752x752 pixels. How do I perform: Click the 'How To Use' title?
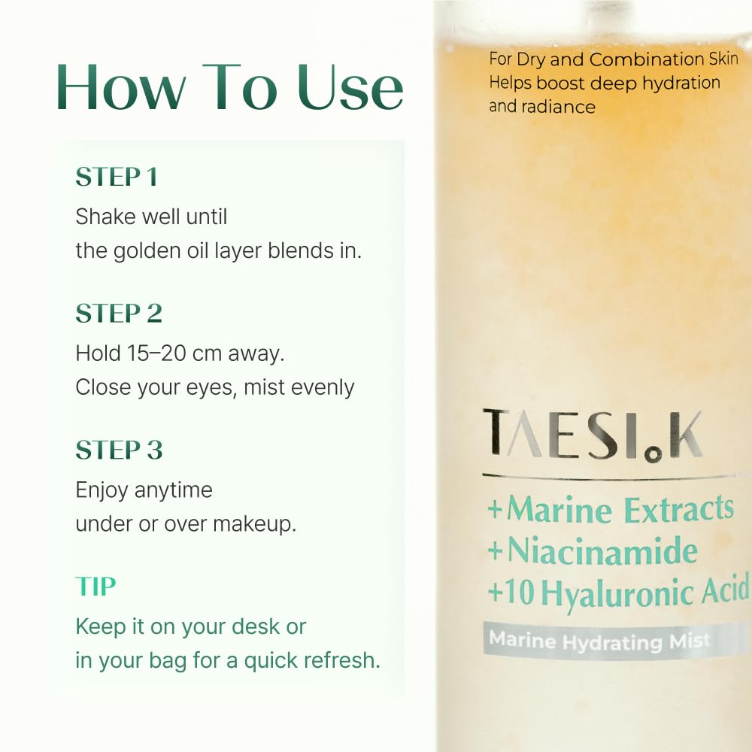click(x=229, y=87)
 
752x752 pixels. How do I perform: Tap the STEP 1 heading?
click(x=117, y=177)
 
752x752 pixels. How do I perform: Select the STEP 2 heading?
click(x=119, y=313)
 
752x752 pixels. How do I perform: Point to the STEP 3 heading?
click(x=119, y=450)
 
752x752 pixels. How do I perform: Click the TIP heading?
click(x=96, y=586)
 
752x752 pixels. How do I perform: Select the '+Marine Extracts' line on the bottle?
click(x=611, y=509)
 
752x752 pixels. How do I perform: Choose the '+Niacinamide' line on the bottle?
click(x=593, y=550)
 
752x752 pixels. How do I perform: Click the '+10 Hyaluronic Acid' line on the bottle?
click(x=619, y=592)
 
